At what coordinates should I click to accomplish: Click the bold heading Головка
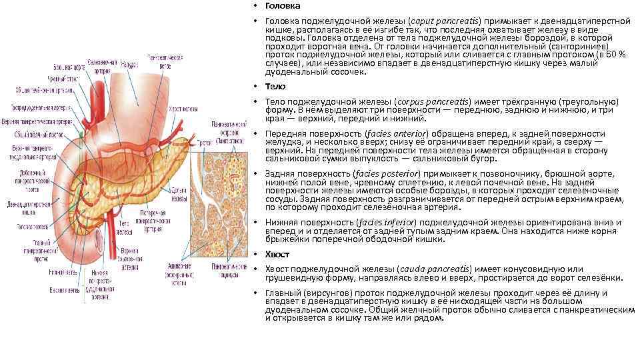pos(281,6)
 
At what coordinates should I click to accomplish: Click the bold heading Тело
pos(275,87)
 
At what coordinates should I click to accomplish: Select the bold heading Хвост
pos(278,255)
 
